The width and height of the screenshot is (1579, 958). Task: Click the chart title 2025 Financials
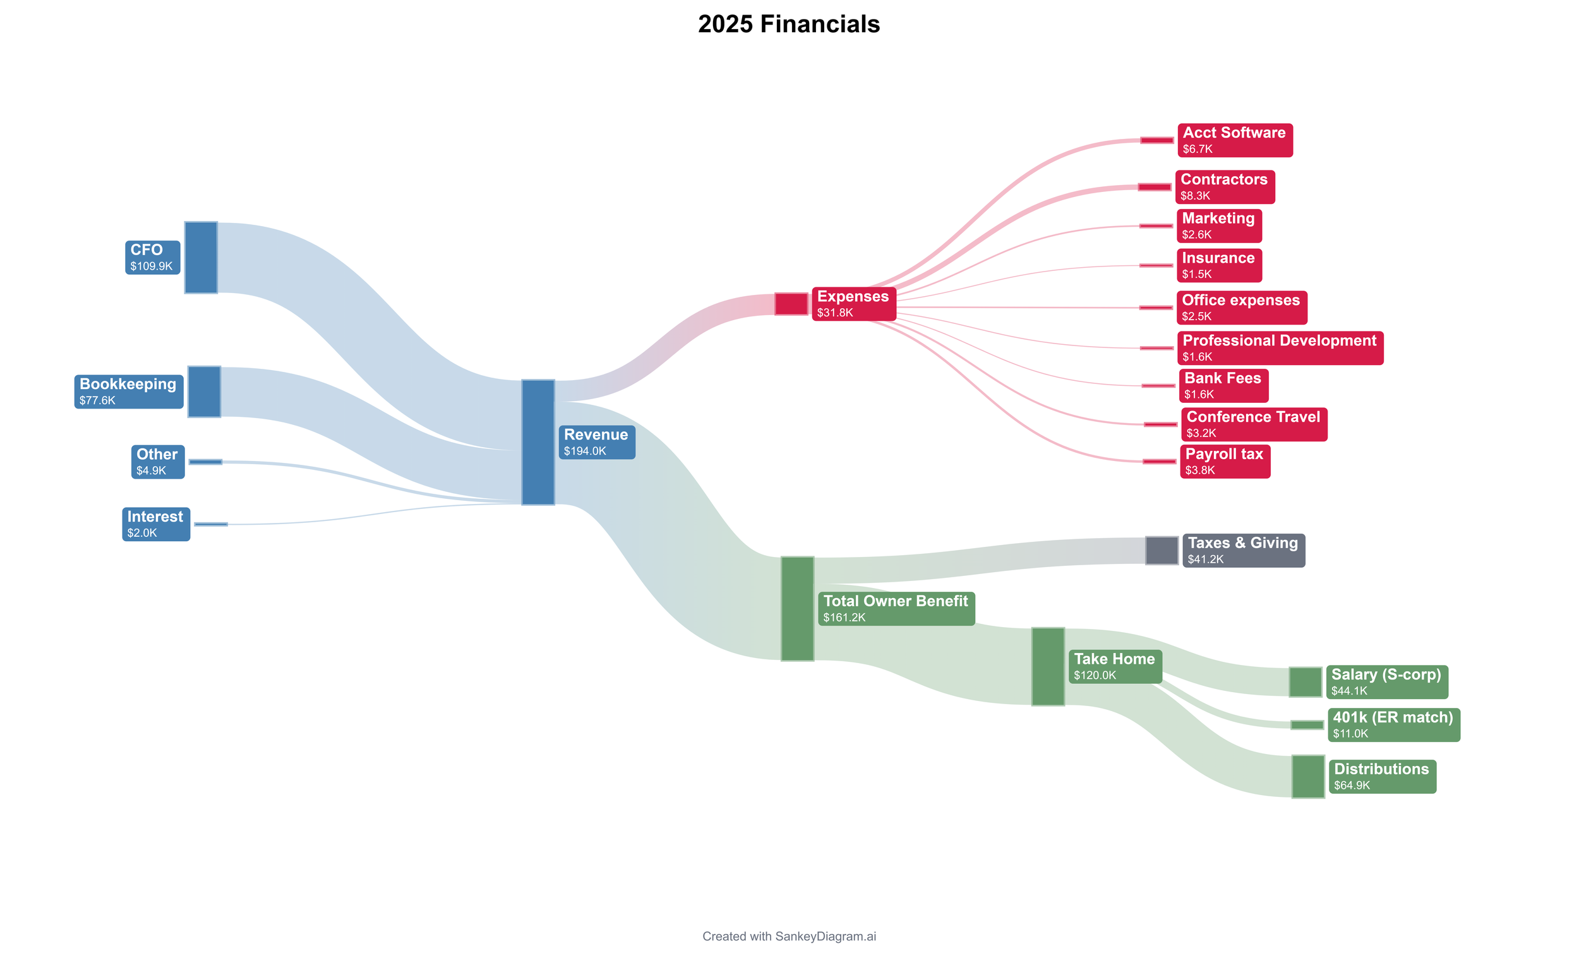789,25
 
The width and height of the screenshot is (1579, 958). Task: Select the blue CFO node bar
201,258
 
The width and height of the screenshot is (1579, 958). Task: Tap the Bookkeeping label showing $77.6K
128,392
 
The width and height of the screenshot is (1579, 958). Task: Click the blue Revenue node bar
537,442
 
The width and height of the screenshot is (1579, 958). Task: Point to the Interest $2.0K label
156,524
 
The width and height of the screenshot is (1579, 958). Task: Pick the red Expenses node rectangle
791,304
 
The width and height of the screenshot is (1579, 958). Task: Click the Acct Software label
1234,140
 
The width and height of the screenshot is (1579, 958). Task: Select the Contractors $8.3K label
1225,187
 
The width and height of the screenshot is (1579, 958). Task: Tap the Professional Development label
1280,348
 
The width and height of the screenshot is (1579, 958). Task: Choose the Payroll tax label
1225,462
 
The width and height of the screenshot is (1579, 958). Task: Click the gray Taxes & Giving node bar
1161,551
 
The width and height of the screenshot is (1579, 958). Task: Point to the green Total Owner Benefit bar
797,608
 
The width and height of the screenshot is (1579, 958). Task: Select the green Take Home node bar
1048,666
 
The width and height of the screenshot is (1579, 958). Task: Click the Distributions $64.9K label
1383,777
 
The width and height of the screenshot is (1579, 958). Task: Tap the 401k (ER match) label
1394,725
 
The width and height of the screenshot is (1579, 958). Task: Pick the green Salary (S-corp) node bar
1306,682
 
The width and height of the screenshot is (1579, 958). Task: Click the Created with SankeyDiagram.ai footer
789,936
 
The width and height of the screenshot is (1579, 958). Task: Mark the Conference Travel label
1254,424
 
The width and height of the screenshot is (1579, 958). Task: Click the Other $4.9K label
158,462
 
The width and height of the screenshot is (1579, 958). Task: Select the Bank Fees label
1223,386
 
